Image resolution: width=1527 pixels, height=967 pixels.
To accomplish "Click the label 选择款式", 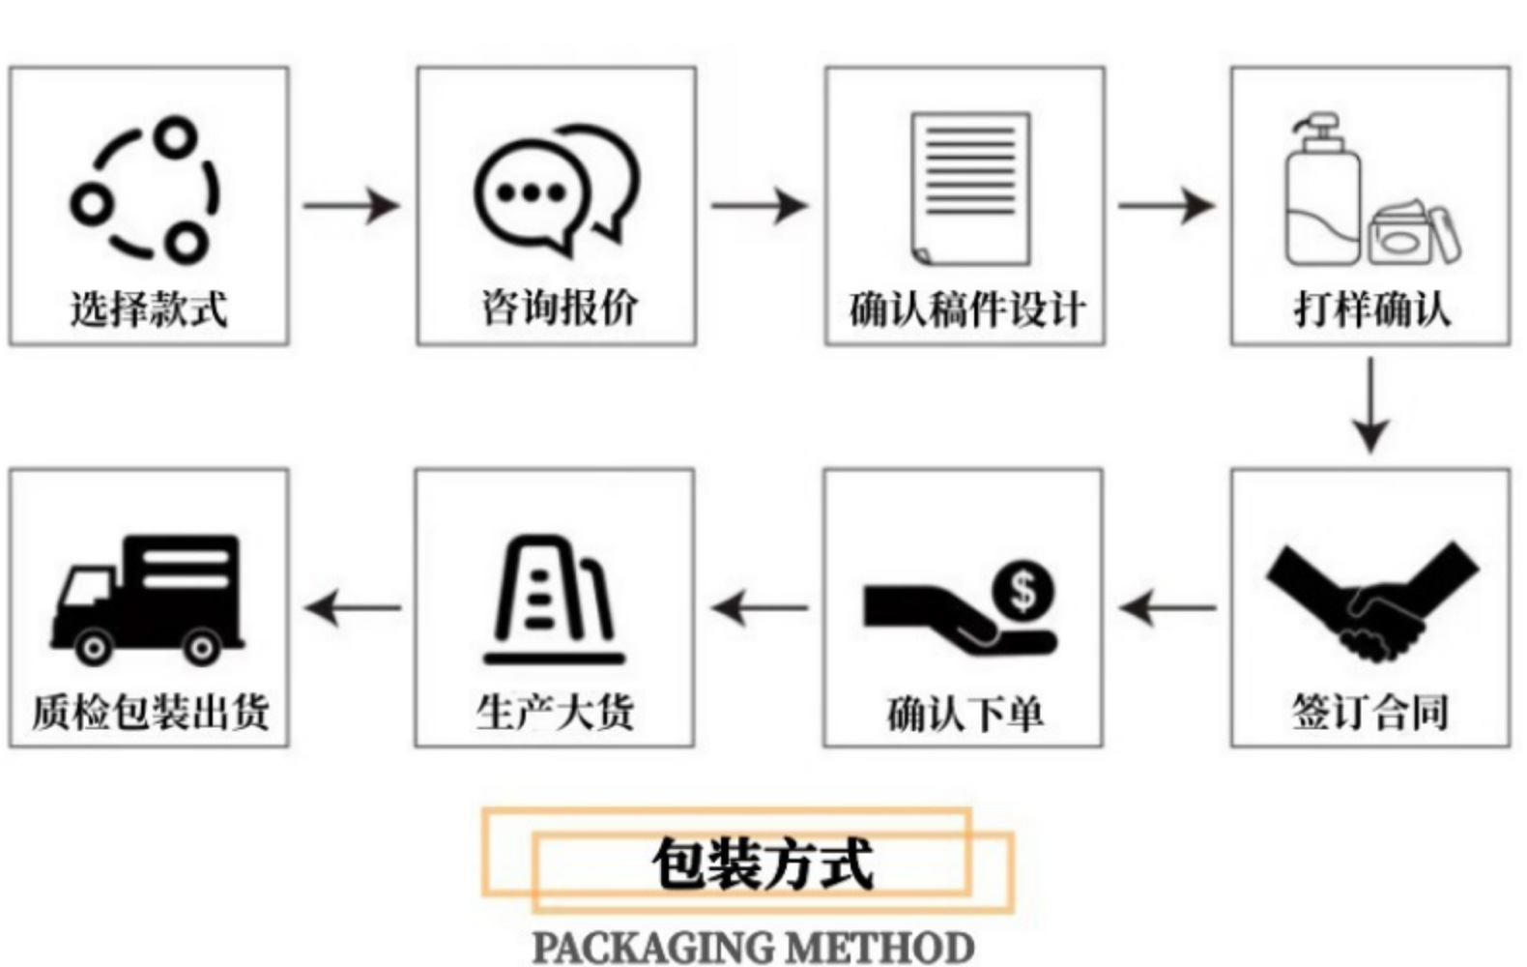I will click(x=149, y=309).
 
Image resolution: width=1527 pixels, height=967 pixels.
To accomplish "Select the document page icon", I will click(x=970, y=189).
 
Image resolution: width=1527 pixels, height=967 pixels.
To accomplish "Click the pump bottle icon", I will click(x=1321, y=193).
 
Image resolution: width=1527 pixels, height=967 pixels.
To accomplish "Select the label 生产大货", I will click(x=555, y=712).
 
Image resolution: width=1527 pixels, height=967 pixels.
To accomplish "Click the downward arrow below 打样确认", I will click(x=1370, y=405).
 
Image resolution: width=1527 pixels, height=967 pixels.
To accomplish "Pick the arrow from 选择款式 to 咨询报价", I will click(x=352, y=205).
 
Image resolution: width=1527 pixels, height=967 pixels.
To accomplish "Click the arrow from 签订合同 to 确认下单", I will click(x=1167, y=608).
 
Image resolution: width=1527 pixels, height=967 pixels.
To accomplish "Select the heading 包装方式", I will click(x=763, y=864).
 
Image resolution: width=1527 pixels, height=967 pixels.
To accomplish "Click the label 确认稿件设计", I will click(x=966, y=309).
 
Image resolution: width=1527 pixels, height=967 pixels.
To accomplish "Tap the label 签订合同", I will click(x=1370, y=713).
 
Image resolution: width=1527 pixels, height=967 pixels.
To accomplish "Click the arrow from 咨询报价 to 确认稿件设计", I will click(x=760, y=205).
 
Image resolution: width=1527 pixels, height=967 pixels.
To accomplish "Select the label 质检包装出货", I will click(x=150, y=713).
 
